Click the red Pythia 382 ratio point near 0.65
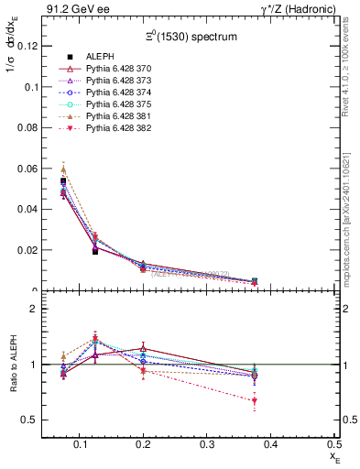pyautogui.click(x=255, y=401)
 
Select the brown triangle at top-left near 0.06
pyautogui.click(x=63, y=169)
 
